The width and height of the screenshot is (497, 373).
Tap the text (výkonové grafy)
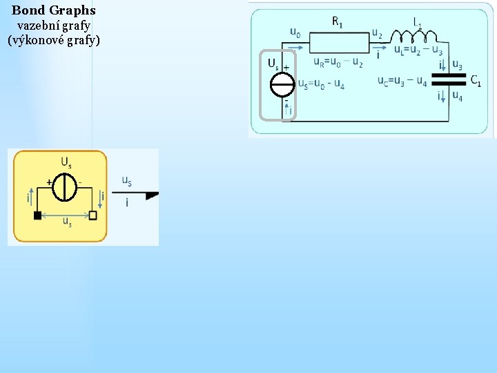pyautogui.click(x=54, y=40)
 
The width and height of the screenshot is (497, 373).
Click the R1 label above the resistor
pyautogui.click(x=338, y=21)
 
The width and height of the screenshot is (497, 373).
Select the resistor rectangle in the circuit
pyautogui.click(x=337, y=39)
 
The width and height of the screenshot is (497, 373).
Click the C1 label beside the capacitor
pyautogui.click(x=476, y=80)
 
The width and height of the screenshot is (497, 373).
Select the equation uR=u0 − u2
pyautogui.click(x=338, y=62)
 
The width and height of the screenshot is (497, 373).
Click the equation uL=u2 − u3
pyautogui.click(x=418, y=50)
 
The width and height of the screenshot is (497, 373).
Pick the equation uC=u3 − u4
pyautogui.click(x=402, y=82)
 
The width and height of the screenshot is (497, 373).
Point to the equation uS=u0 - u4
pyautogui.click(x=321, y=84)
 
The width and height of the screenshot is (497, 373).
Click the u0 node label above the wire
pyautogui.click(x=295, y=32)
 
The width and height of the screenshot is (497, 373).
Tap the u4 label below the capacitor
pyautogui.click(x=457, y=96)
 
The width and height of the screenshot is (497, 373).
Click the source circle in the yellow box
pyautogui.click(x=66, y=186)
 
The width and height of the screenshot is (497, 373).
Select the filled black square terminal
pyautogui.click(x=37, y=215)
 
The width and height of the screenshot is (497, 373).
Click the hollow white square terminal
pyautogui.click(x=93, y=215)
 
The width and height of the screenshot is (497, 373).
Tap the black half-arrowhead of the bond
pyautogui.click(x=152, y=195)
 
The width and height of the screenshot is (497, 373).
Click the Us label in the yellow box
pyautogui.click(x=66, y=162)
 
